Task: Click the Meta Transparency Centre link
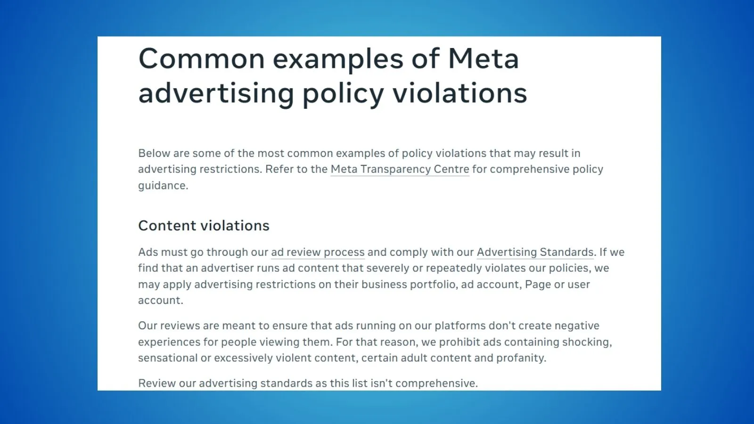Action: coord(400,169)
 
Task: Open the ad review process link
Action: coord(318,253)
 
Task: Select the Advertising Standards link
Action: coord(535,252)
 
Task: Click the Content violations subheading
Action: coord(204,226)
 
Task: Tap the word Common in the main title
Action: coord(202,59)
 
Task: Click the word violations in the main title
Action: coord(460,93)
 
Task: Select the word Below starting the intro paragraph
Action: coord(154,153)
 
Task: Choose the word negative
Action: coord(577,326)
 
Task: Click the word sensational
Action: coord(168,358)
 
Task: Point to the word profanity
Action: coord(521,358)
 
